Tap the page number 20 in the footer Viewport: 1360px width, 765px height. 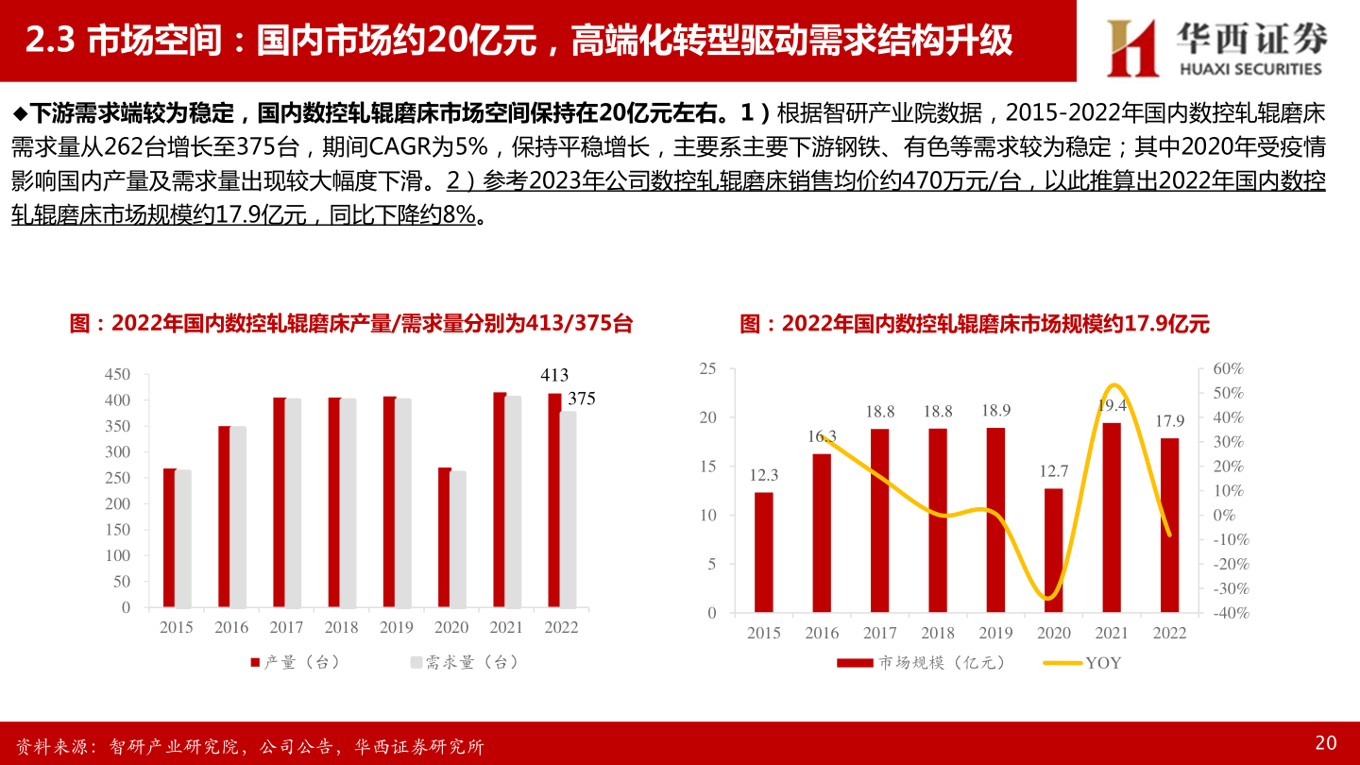click(x=1325, y=742)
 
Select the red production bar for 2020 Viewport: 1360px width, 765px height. click(x=445, y=537)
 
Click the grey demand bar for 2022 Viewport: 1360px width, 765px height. click(x=568, y=509)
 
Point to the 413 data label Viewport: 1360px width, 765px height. click(x=554, y=376)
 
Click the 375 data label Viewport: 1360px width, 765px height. click(x=582, y=399)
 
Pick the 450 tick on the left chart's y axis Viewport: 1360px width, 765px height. click(x=117, y=375)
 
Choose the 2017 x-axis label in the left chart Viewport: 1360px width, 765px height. click(x=286, y=627)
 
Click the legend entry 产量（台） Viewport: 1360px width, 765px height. click(x=295, y=663)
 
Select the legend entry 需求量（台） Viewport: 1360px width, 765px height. click(x=464, y=663)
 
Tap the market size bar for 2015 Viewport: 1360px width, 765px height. click(x=763, y=552)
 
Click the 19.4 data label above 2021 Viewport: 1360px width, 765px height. click(x=1113, y=405)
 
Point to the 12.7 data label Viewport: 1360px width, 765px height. click(x=1053, y=471)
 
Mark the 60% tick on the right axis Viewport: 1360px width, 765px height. click(x=1229, y=368)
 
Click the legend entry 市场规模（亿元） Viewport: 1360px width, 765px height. click(x=921, y=663)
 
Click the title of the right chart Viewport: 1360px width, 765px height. click(x=974, y=324)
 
